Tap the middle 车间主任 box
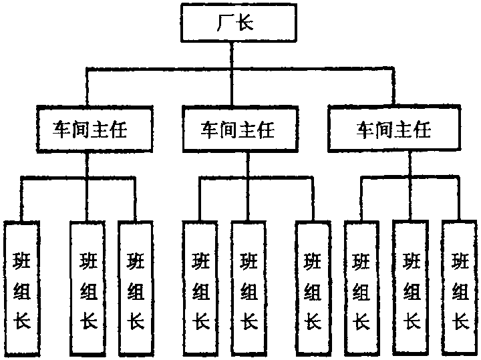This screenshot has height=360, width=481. point(238,129)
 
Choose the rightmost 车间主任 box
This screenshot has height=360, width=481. point(393,129)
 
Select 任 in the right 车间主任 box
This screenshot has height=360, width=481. point(422,129)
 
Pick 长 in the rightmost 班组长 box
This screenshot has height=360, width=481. point(460,322)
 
